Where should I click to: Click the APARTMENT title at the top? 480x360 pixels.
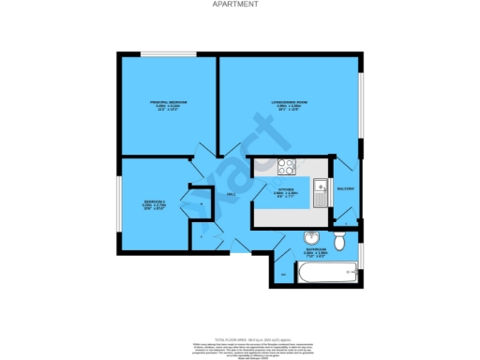click(x=239, y=5)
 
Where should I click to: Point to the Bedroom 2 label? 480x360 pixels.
click(x=155, y=203)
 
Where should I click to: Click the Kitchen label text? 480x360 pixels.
click(x=272, y=194)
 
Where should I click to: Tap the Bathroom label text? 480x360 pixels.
click(x=315, y=250)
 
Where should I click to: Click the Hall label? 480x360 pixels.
click(x=230, y=194)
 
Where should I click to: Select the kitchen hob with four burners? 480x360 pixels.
click(x=286, y=169)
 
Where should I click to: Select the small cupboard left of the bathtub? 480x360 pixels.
click(x=284, y=273)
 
